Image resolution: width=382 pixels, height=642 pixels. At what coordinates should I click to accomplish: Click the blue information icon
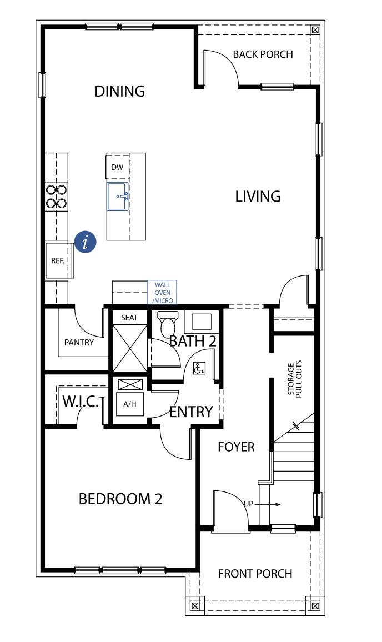[86, 242]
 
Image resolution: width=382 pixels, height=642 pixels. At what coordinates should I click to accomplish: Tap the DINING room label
[119, 91]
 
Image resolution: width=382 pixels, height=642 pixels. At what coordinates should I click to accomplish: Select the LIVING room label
[258, 197]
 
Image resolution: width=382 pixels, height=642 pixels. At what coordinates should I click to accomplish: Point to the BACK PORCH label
[263, 54]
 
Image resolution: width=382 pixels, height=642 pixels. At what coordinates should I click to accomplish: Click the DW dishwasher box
[117, 167]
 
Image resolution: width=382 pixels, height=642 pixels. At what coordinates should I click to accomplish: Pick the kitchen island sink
[118, 197]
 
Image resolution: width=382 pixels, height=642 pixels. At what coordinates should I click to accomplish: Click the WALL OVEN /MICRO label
[162, 292]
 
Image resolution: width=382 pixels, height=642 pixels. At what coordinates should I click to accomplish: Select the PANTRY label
[79, 343]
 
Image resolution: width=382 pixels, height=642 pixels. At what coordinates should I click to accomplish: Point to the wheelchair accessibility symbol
[198, 368]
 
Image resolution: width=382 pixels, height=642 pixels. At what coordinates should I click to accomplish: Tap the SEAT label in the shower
[129, 318]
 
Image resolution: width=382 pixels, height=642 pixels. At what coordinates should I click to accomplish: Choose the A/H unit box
[129, 404]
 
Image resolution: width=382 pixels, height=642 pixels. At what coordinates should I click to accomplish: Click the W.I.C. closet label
[80, 402]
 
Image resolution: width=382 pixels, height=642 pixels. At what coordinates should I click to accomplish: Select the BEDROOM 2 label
[120, 499]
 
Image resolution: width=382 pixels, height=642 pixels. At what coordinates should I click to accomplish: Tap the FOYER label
[236, 447]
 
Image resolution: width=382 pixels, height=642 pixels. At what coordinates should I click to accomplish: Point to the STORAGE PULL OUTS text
[294, 380]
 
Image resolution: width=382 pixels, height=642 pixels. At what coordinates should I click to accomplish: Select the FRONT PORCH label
[255, 574]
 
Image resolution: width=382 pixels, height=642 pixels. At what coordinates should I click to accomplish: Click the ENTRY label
[191, 412]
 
